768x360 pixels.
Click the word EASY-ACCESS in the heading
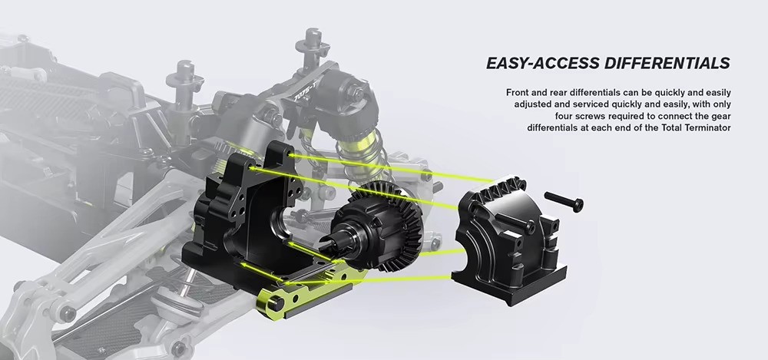coord(541,63)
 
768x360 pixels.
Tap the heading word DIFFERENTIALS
coord(666,63)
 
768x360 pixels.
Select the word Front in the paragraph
coord(518,92)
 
